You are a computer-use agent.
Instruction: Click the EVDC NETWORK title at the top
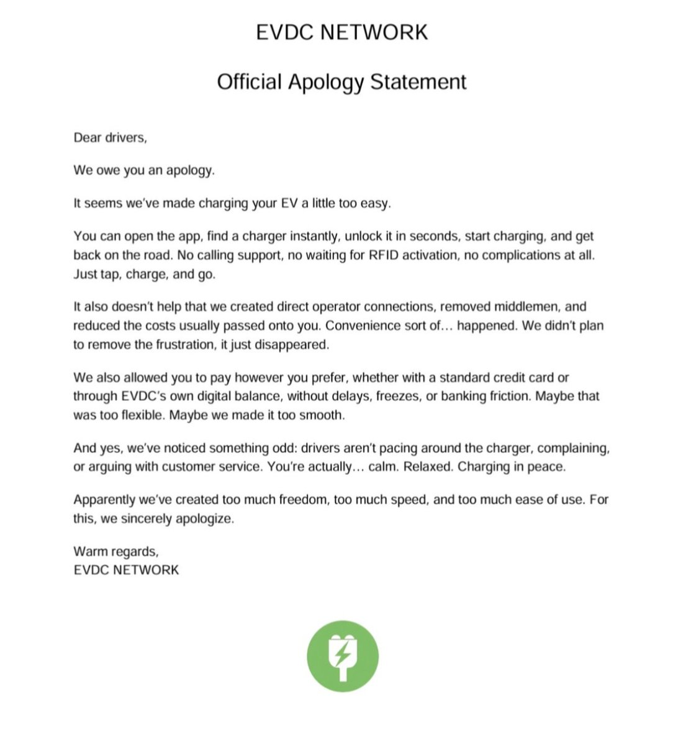point(341,32)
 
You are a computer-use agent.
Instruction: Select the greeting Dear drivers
point(110,138)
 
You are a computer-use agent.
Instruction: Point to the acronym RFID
point(384,255)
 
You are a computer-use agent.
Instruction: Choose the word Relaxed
point(428,467)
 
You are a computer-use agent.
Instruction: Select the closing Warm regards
point(115,551)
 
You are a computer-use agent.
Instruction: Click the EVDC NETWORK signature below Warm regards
point(126,570)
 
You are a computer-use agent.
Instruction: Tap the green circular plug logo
point(342,656)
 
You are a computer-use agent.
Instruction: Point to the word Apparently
point(106,500)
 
